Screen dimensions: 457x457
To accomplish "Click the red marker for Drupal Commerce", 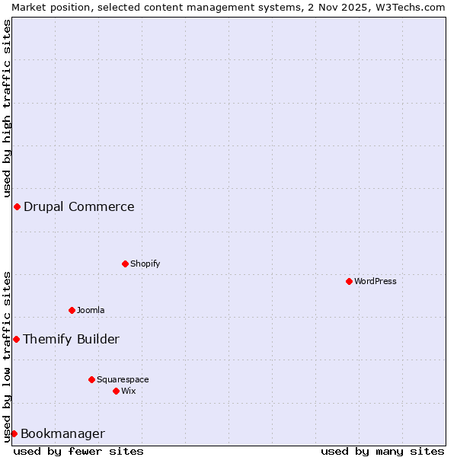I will click(17, 206).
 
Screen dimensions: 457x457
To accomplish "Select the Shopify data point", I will click(125, 264).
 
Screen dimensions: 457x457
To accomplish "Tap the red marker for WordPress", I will click(349, 281).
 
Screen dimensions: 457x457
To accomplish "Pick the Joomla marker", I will click(72, 310).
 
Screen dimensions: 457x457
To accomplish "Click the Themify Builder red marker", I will click(16, 339).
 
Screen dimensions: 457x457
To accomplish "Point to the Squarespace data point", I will click(91, 379).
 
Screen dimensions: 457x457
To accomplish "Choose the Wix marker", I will click(116, 391).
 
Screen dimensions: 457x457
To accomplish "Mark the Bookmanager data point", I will click(14, 433).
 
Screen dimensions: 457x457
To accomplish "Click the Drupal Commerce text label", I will click(78, 206).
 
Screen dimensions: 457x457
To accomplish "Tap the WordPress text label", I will click(375, 281).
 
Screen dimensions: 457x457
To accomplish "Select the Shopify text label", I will click(145, 264).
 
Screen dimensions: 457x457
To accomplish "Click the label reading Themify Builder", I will click(71, 339).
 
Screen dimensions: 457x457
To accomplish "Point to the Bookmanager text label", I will click(62, 433).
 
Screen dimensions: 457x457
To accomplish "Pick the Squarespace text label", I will click(123, 379).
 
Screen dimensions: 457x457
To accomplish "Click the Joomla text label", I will click(91, 310).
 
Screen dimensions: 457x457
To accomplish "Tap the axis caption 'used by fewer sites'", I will click(78, 451).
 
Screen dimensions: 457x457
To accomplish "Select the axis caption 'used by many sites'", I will click(382, 451).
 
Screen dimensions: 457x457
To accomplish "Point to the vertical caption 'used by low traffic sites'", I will click(7, 356).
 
